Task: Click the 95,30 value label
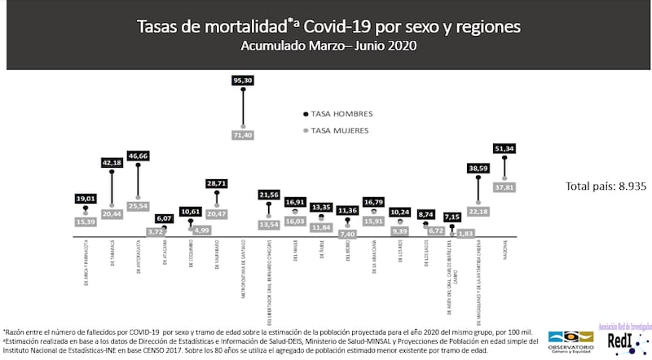(x=243, y=81)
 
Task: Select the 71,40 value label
(x=243, y=135)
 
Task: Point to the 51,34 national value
(x=505, y=148)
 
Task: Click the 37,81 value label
(x=505, y=187)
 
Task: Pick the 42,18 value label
(x=112, y=162)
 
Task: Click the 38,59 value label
(x=478, y=168)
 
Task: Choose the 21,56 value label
(x=269, y=195)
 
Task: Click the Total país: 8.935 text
(x=606, y=187)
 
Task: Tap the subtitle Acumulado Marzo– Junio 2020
(x=328, y=46)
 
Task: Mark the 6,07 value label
(x=165, y=218)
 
